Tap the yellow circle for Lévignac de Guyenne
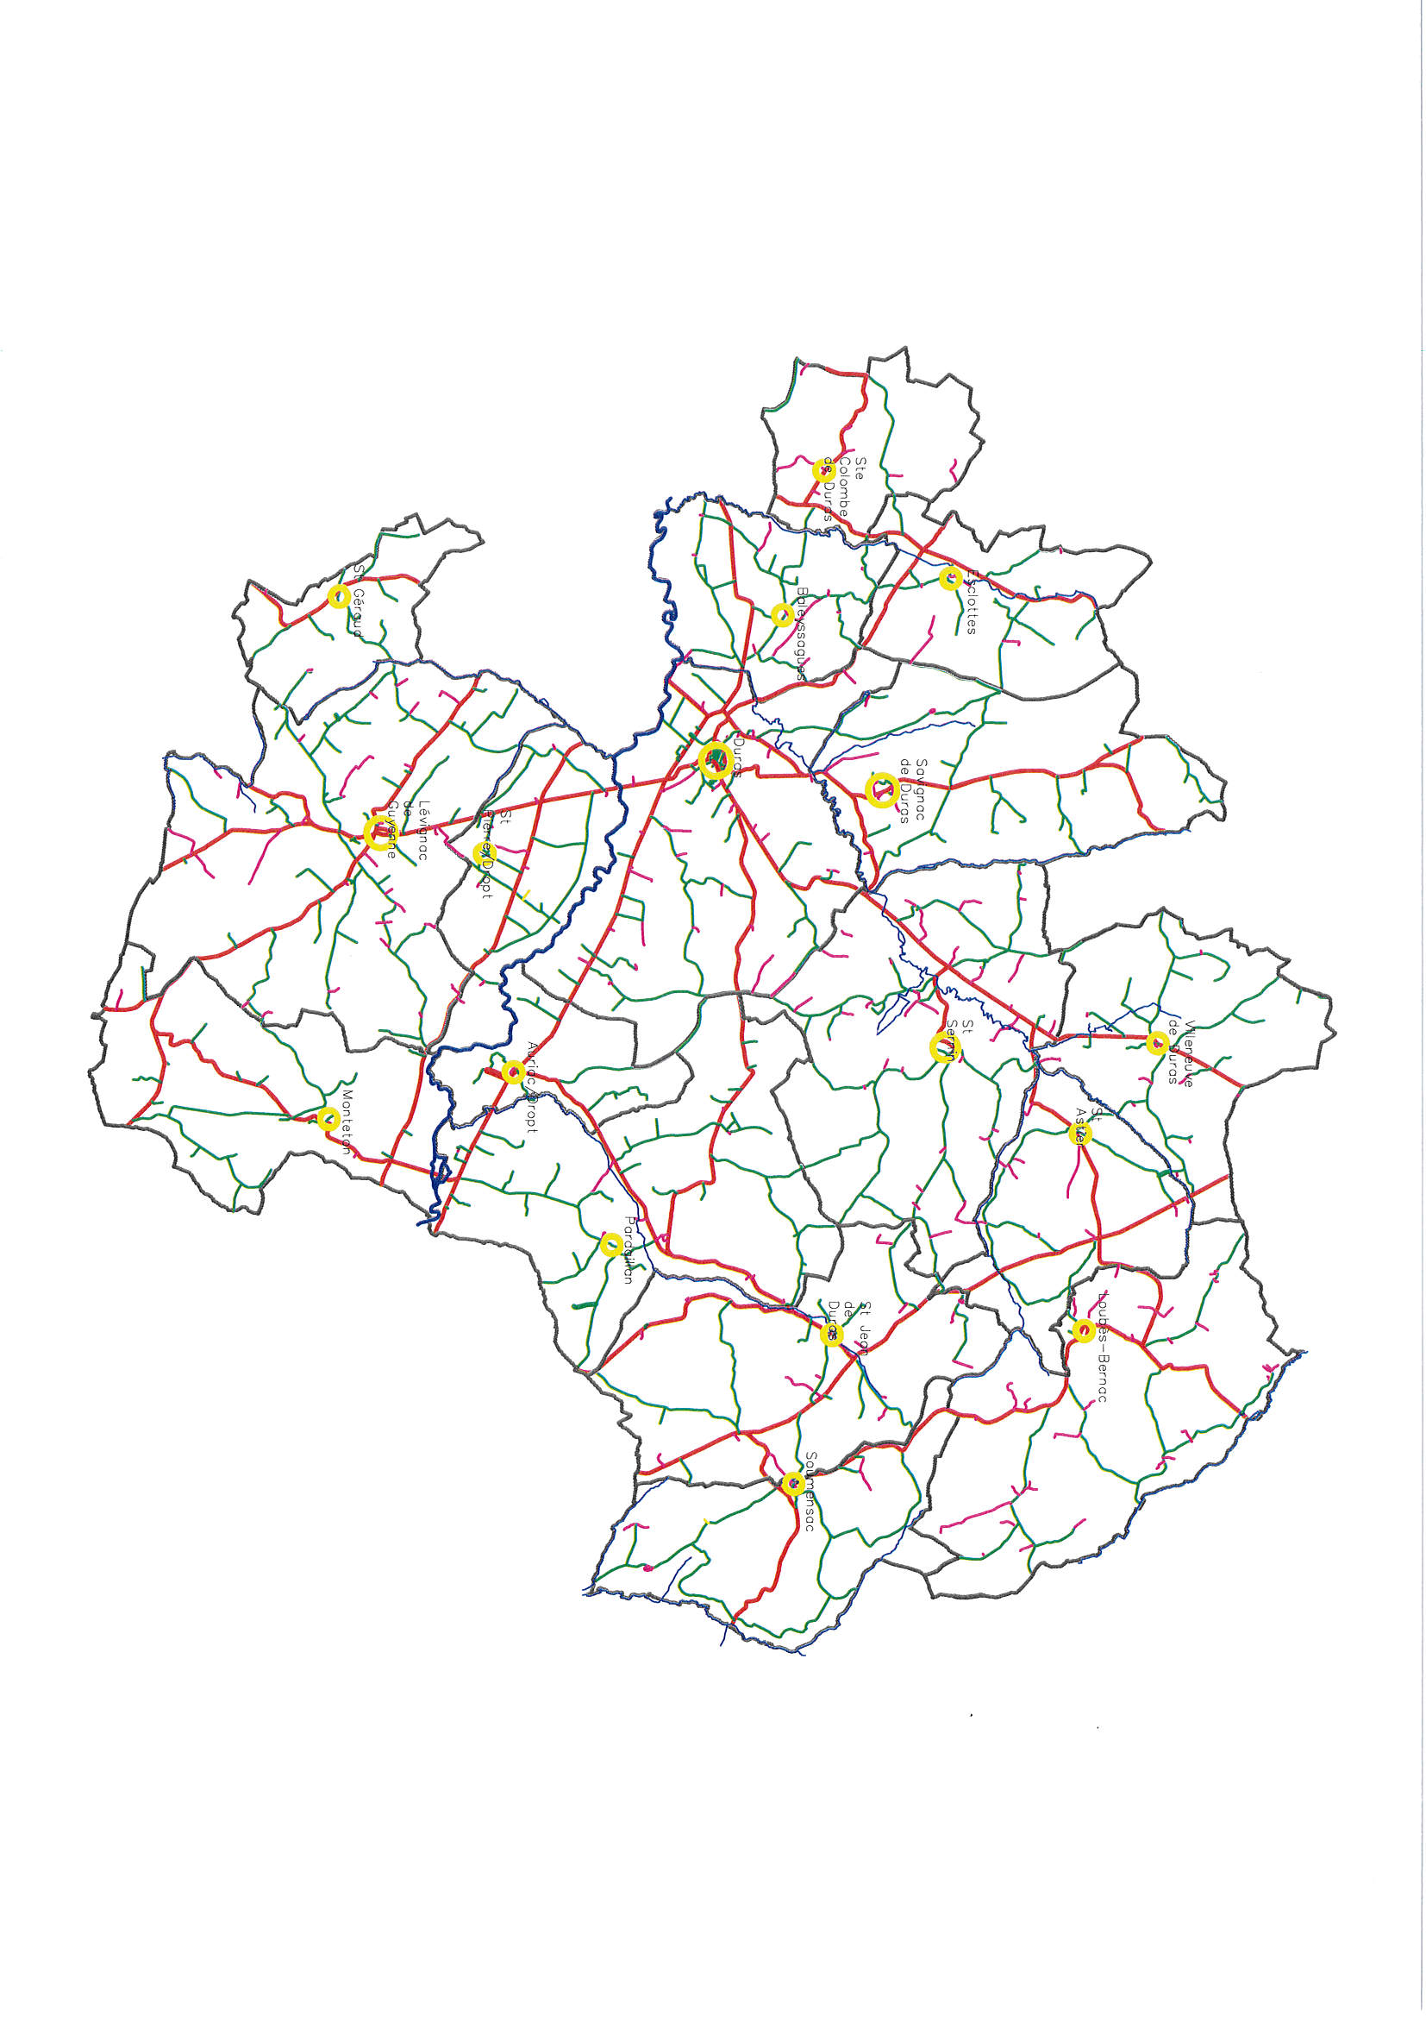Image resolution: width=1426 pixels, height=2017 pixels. pos(378,831)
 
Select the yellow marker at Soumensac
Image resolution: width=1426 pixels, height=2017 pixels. pos(793,1483)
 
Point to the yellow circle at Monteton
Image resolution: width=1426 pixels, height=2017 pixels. pos(328,1118)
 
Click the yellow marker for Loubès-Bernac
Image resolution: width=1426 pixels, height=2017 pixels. pos(1083,1331)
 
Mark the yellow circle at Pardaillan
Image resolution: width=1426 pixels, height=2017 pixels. pos(611,1244)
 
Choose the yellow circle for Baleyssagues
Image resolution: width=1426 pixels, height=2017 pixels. pos(781,614)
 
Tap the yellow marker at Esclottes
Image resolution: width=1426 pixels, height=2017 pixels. pos(949,578)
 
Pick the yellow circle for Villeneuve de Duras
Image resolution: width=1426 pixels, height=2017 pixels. pos(1157,1043)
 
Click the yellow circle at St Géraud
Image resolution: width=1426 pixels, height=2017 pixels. pos(339,596)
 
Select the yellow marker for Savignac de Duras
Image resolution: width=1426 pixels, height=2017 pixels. pos(881,789)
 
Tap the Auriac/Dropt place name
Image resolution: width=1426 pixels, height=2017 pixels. pos(532,1086)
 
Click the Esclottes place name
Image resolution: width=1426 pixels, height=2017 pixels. pos(970,602)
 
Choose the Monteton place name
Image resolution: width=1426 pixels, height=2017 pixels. pos(347,1122)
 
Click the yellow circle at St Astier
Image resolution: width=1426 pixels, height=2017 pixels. pos(1080,1134)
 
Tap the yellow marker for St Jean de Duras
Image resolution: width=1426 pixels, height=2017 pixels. pos(830,1335)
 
